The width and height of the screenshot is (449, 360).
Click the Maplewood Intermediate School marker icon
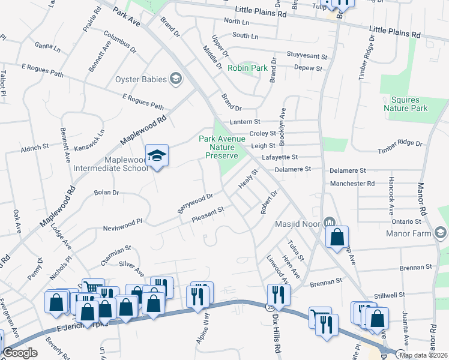(157, 156)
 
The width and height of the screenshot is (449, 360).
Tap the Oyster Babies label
(142, 79)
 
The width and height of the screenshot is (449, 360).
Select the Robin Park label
(247, 68)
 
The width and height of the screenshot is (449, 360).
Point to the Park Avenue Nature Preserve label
(218, 147)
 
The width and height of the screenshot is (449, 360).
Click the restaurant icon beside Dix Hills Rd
(279, 294)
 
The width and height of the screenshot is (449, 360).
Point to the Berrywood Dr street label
(195, 203)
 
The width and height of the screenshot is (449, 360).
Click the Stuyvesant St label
(307, 56)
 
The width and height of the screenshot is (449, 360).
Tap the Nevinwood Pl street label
(122, 223)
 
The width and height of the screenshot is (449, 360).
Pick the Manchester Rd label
(352, 184)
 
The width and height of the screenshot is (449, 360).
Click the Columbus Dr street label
(120, 41)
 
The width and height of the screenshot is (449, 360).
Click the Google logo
(20, 353)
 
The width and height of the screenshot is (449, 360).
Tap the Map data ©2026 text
(423, 355)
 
